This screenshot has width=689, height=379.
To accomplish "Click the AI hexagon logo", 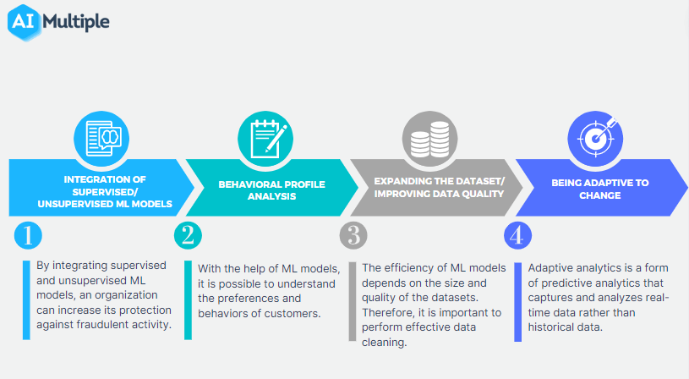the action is pyautogui.click(x=25, y=23).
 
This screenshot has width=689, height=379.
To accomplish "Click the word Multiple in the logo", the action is pyautogui.click(x=76, y=22).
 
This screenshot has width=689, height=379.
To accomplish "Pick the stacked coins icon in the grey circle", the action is pyautogui.click(x=429, y=140).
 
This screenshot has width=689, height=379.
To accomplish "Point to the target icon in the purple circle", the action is pyautogui.click(x=596, y=138).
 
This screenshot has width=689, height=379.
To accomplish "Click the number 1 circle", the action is pyautogui.click(x=28, y=236).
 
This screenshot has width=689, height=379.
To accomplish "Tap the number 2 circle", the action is pyautogui.click(x=188, y=236).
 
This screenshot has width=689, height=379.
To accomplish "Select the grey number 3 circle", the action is pyautogui.click(x=353, y=236).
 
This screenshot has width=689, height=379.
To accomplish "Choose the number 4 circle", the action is pyautogui.click(x=517, y=236).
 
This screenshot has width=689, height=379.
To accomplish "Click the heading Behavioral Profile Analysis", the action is pyautogui.click(x=271, y=190).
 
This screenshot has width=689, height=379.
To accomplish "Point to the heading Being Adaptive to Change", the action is pyautogui.click(x=599, y=189).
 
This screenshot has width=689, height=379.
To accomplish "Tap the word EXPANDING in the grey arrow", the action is pyautogui.click(x=402, y=181).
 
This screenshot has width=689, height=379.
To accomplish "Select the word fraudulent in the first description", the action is pyautogui.click(x=103, y=325).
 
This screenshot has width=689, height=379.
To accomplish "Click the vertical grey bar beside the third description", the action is pyautogui.click(x=353, y=302).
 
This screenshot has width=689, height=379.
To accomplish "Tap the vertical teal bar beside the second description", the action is pyautogui.click(x=188, y=300).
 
